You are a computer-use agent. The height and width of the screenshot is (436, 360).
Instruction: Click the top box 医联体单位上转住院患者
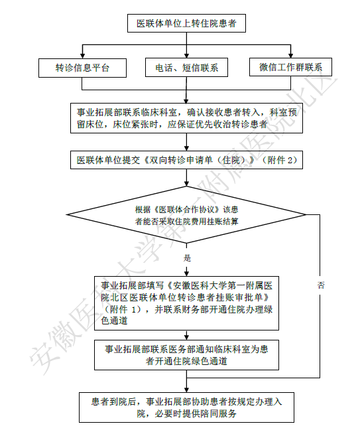186,23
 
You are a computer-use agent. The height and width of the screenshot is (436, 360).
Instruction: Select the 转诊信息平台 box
82,68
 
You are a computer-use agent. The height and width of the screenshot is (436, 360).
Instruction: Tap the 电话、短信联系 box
186,68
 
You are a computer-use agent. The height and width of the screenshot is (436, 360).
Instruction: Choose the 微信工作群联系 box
290,67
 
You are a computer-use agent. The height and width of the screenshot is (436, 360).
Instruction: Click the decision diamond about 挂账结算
186,214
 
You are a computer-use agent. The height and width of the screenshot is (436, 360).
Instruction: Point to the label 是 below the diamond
187,257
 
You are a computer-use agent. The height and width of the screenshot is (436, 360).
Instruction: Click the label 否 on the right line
321,285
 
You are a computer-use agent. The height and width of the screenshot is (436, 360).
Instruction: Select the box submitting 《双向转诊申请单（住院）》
186,160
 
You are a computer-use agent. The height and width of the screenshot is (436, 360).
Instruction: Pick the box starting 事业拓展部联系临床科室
186,118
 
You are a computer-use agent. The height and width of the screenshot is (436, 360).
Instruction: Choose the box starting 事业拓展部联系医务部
186,355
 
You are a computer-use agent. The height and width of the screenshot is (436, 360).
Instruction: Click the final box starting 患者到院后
186,407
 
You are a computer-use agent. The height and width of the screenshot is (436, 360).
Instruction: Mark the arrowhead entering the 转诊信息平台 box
82,56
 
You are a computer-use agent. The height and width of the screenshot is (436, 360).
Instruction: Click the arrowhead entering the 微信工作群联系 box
290,55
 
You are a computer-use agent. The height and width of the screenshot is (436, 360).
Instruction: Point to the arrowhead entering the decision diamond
186,183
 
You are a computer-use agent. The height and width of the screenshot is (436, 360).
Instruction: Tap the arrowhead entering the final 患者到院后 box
186,390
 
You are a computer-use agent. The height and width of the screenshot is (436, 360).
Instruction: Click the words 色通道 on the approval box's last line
114,321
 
